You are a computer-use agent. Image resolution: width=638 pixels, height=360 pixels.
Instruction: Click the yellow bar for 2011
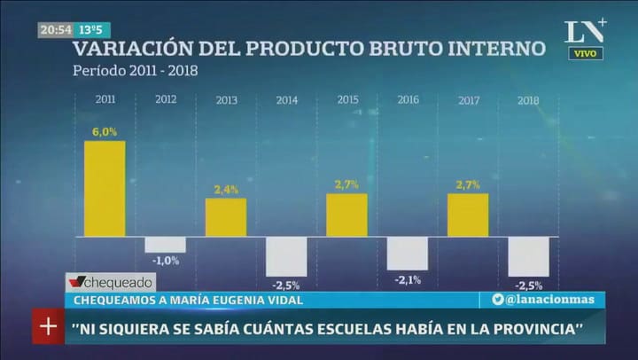(x=105, y=188)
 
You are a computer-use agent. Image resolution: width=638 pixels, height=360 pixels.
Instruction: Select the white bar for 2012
(x=166, y=244)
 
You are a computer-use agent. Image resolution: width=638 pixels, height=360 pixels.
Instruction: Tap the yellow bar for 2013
(x=226, y=216)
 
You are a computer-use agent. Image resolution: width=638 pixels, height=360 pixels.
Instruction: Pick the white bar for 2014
(x=286, y=255)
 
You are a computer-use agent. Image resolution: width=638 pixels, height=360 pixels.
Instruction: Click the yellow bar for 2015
(x=346, y=215)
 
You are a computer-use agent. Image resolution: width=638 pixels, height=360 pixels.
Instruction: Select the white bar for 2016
(x=408, y=253)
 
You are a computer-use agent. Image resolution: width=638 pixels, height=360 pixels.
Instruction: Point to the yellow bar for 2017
(x=468, y=215)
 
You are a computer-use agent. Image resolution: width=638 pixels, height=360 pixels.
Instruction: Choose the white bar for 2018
(x=528, y=256)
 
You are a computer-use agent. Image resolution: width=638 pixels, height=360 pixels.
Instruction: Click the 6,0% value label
(x=105, y=132)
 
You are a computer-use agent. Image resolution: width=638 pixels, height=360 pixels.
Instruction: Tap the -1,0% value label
(x=165, y=260)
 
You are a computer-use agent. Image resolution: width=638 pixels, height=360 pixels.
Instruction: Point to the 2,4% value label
(x=226, y=190)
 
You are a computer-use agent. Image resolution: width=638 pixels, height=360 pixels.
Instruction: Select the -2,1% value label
(x=408, y=280)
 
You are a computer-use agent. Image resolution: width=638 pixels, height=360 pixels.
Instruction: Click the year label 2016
(x=408, y=100)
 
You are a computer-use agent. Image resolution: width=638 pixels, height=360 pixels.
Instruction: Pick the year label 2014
(x=286, y=100)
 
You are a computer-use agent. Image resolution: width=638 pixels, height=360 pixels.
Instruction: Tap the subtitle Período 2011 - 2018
(x=136, y=69)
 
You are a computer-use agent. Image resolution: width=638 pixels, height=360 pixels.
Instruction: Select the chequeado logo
(x=111, y=282)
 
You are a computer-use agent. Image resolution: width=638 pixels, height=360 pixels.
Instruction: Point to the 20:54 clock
(x=55, y=29)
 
